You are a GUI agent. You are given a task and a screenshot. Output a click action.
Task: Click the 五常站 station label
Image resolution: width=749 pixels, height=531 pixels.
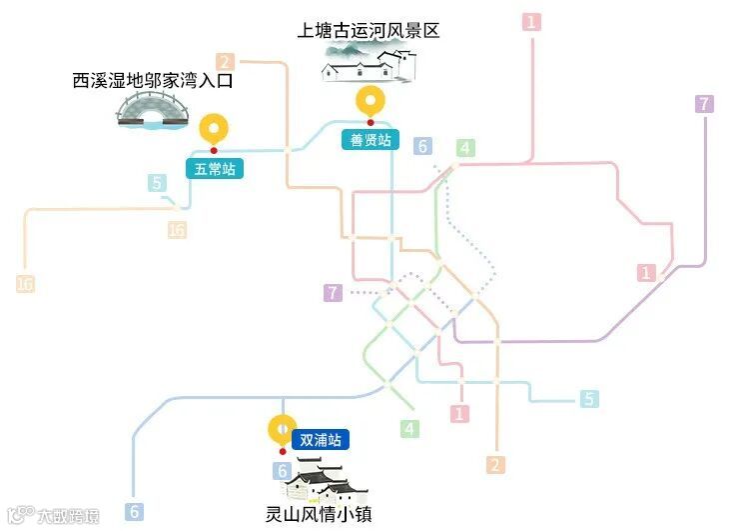point(214,169)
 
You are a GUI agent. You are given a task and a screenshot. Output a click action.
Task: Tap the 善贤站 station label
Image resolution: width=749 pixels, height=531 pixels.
point(371,139)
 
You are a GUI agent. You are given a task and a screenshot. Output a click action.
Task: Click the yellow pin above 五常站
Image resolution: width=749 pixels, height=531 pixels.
point(214,129)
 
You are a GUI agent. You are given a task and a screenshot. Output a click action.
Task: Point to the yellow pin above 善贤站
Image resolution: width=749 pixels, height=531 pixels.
point(372,101)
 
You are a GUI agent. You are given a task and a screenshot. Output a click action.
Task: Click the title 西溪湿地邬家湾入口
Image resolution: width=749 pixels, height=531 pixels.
point(152,80)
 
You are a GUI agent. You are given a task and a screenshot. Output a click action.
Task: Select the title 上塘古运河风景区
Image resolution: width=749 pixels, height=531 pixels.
point(369,31)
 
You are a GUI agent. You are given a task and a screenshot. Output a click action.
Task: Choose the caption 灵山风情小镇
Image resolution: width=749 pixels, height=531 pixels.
point(319,515)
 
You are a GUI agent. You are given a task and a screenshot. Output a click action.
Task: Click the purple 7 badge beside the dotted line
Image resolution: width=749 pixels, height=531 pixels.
point(333,293)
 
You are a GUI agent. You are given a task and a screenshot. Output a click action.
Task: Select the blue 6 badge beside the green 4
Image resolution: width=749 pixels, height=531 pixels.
point(422,147)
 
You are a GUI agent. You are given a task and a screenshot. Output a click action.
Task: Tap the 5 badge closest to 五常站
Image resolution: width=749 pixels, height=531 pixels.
point(157,183)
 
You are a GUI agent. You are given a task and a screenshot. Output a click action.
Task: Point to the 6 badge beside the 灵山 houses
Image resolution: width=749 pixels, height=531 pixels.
point(284,471)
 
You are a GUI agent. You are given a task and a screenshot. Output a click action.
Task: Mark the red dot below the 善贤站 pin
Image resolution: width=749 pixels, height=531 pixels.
point(372,123)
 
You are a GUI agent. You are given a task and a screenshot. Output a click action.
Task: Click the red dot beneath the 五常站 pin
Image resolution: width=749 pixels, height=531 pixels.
point(214,151)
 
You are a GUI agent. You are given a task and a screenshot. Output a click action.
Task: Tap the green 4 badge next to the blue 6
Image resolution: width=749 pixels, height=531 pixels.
point(463,149)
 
